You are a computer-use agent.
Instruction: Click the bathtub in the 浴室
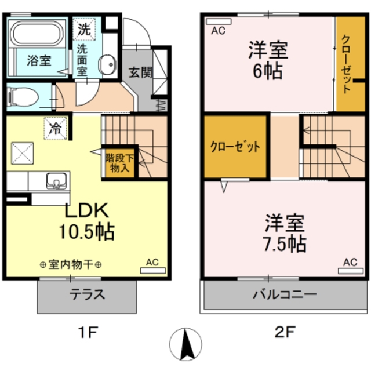37,33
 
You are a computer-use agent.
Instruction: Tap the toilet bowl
23,97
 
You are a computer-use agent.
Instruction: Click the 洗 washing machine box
84,30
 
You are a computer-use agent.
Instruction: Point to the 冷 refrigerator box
56,129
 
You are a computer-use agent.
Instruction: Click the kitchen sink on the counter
56,181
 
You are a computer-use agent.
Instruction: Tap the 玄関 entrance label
140,72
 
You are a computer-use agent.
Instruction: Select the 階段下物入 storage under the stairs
120,163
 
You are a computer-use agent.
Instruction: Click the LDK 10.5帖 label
86,221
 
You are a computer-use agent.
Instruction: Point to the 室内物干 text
71,264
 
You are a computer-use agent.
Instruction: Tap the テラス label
87,295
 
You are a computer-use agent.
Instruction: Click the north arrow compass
185,344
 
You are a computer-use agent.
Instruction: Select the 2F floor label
285,332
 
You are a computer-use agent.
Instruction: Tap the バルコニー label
285,295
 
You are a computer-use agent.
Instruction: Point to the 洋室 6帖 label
268,60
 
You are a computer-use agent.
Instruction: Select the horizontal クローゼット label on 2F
235,147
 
